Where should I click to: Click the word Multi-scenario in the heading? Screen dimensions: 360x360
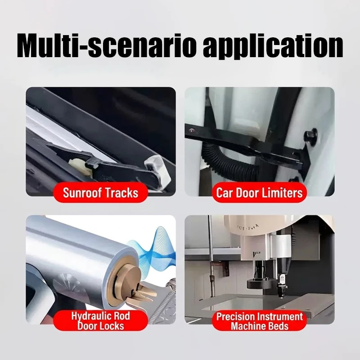coord(107,46)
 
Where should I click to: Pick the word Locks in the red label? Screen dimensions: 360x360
coord(113,326)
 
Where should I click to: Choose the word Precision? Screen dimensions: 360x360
coord(234,317)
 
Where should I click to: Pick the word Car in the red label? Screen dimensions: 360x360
coord(225,193)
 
